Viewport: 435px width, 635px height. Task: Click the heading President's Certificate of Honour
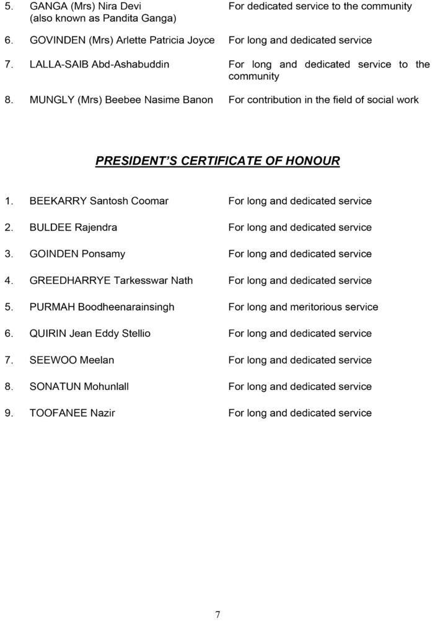[x=217, y=161]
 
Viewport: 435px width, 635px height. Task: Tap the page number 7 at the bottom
[x=217, y=615]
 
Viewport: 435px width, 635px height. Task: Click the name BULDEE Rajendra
[x=73, y=228]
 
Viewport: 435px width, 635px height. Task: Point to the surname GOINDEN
[x=55, y=254]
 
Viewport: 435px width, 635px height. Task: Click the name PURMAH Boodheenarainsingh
[x=102, y=307]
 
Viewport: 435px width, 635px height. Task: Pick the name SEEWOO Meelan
[x=72, y=360]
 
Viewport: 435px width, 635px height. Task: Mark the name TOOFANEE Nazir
[x=72, y=413]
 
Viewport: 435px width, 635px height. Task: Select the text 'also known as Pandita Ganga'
[x=103, y=19]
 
